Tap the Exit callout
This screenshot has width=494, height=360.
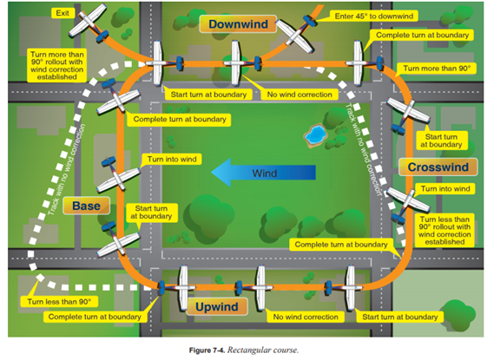pos(63,14)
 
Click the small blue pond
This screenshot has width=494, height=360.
pos(313,135)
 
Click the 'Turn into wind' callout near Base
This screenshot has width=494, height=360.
pos(171,160)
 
